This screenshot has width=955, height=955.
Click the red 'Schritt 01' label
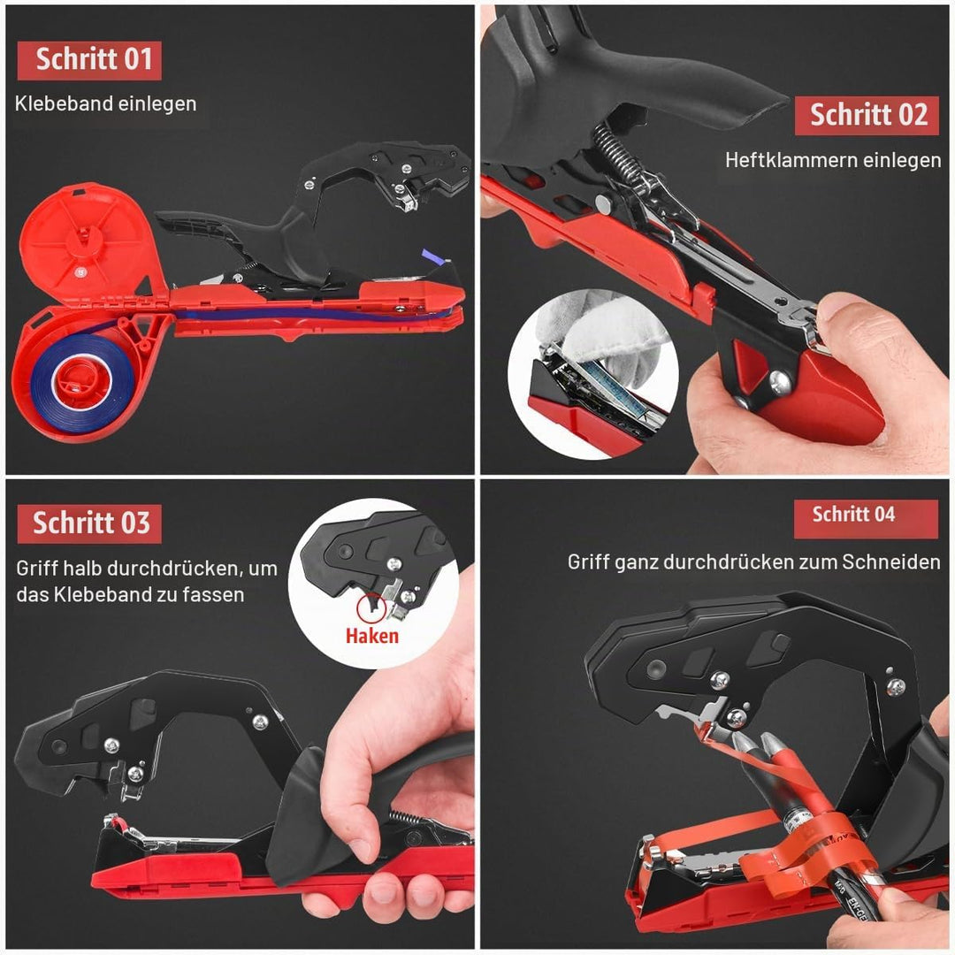coord(89,60)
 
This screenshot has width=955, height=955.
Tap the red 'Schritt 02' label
coord(867,116)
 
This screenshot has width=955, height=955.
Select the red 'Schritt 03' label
coord(89,523)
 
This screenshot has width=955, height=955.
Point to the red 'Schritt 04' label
coord(866,518)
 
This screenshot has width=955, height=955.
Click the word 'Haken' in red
coord(371,636)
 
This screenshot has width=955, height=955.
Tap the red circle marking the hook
coord(371,608)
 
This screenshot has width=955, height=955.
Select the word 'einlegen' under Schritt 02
coord(912,160)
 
